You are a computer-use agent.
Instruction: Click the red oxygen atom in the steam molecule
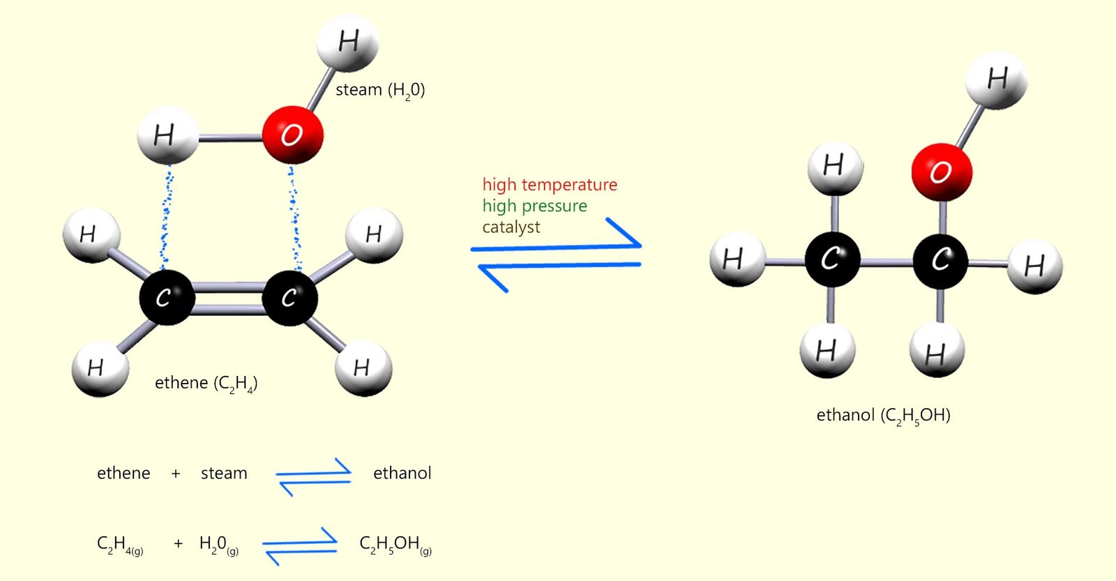292,135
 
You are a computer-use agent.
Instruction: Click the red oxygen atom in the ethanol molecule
941,172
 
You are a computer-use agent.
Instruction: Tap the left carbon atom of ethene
166,297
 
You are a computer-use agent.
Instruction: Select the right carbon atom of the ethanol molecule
940,261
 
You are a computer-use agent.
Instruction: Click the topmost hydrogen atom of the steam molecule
347,43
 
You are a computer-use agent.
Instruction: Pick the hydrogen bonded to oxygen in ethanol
997,80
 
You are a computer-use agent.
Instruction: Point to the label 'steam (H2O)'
380,90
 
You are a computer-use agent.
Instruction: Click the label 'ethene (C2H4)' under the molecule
206,383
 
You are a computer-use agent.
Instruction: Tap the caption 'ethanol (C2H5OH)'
883,416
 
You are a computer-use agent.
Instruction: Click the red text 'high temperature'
550,185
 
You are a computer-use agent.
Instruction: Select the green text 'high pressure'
534,206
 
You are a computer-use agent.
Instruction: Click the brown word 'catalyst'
511,227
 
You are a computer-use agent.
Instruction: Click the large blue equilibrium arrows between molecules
556,256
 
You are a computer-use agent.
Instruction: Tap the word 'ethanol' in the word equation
402,473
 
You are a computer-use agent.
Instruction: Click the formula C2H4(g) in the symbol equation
120,545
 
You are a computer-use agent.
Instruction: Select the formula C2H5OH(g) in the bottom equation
395,545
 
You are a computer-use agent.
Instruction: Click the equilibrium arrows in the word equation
314,476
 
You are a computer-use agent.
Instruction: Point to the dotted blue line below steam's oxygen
295,216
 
